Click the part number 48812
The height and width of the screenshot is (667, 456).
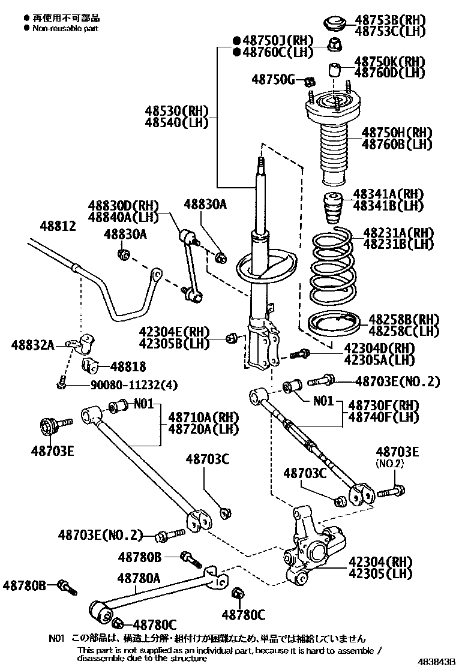pyautogui.click(x=58, y=226)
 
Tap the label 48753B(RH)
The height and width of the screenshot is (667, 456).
pyautogui.click(x=389, y=20)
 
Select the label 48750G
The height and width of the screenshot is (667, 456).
pyautogui.click(x=272, y=79)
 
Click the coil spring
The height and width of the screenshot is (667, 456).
pyautogui.click(x=333, y=264)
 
